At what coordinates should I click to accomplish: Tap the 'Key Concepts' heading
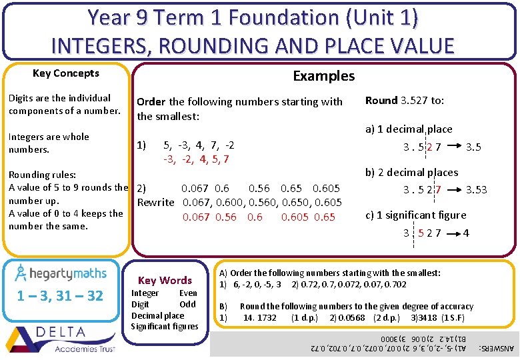(x=66, y=73)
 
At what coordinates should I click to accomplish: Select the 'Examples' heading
(x=324, y=76)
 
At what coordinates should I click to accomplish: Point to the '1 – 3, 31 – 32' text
(x=60, y=296)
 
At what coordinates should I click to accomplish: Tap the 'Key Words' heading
(x=165, y=281)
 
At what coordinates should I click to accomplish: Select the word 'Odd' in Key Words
(x=188, y=304)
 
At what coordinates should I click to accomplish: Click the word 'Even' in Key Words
(x=189, y=293)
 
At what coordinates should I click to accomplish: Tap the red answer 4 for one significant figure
(x=465, y=233)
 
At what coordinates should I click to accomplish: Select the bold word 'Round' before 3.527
(x=381, y=101)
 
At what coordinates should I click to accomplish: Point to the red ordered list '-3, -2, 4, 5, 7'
(x=196, y=159)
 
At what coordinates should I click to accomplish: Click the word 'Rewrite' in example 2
(x=155, y=202)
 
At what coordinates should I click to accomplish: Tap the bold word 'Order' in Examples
(x=151, y=102)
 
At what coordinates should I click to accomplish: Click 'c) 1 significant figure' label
(x=415, y=215)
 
